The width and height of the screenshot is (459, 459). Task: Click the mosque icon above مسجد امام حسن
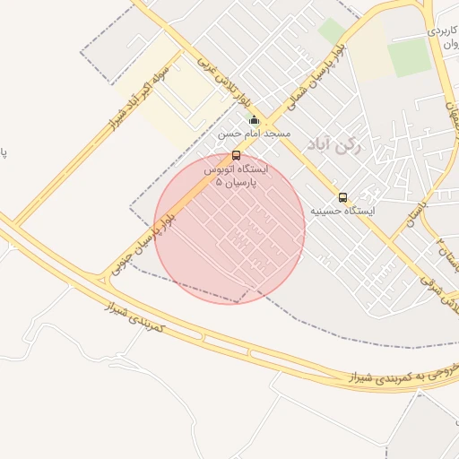pos(254,120)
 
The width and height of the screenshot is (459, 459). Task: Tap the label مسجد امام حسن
pos(255,134)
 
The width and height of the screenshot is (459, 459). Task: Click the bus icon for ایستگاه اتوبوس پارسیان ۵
pos(236,155)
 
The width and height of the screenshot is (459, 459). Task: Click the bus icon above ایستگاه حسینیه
pos(342,197)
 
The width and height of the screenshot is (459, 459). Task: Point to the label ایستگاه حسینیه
pos(343,211)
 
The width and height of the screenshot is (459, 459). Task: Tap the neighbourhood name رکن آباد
pos(333,145)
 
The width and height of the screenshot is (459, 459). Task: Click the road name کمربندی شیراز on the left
pos(134,318)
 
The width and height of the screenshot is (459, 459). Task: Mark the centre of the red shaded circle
pos(229,228)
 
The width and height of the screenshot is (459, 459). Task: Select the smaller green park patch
pos(331,31)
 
